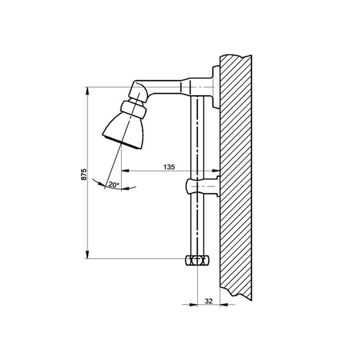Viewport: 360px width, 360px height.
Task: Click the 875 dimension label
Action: point(84,174)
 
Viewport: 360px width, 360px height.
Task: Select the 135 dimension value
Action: point(169,167)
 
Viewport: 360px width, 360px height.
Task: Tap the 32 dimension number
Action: point(208,301)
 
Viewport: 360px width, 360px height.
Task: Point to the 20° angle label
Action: point(114,185)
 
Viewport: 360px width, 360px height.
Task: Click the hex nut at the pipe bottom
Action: point(197,261)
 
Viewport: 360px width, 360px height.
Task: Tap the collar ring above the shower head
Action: point(133,109)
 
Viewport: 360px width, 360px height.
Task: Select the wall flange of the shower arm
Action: point(216,86)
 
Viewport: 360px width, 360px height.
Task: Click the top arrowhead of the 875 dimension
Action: point(87,91)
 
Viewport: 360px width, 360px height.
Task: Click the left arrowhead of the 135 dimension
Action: point(125,170)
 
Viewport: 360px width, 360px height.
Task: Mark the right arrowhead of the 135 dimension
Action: point(216,170)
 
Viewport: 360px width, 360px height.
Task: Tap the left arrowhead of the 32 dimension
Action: point(193,305)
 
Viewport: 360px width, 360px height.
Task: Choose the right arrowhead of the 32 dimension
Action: point(224,305)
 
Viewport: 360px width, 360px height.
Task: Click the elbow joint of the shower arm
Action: point(138,91)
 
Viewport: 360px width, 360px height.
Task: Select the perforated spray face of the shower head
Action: point(122,143)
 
